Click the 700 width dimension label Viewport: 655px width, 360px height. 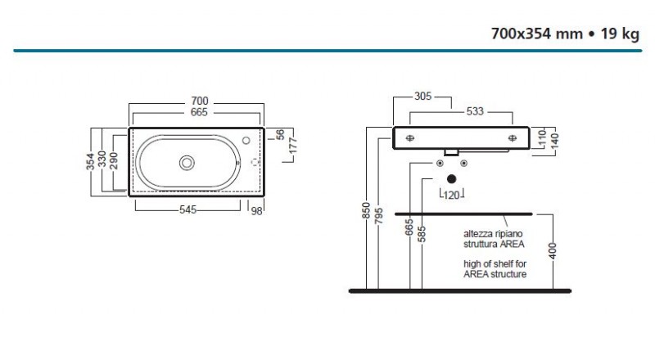coord(200,101)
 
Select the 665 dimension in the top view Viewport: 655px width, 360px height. coord(199,112)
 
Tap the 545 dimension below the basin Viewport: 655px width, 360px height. coord(188,209)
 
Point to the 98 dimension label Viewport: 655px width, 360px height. coord(256,211)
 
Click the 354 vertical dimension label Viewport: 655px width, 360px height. coord(90,162)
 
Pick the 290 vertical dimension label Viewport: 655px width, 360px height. coord(114,161)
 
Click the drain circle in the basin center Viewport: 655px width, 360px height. coord(187,163)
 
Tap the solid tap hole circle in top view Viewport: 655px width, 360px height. coord(246,141)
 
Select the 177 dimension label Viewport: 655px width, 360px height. coord(293,146)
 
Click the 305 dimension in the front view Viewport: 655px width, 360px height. coord(422,97)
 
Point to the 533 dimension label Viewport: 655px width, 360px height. coord(475,111)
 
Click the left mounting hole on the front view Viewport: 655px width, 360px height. coord(410,138)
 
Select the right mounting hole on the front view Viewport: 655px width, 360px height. coord(513,138)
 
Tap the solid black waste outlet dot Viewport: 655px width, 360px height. coord(452,179)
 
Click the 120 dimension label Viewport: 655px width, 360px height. coord(451,196)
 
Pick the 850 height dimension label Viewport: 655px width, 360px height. coord(366,210)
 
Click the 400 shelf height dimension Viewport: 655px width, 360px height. coord(553,250)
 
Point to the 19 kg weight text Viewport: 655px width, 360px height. coord(620,34)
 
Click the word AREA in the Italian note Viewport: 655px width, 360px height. coord(512,245)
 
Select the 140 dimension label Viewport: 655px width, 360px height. coord(555,142)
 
